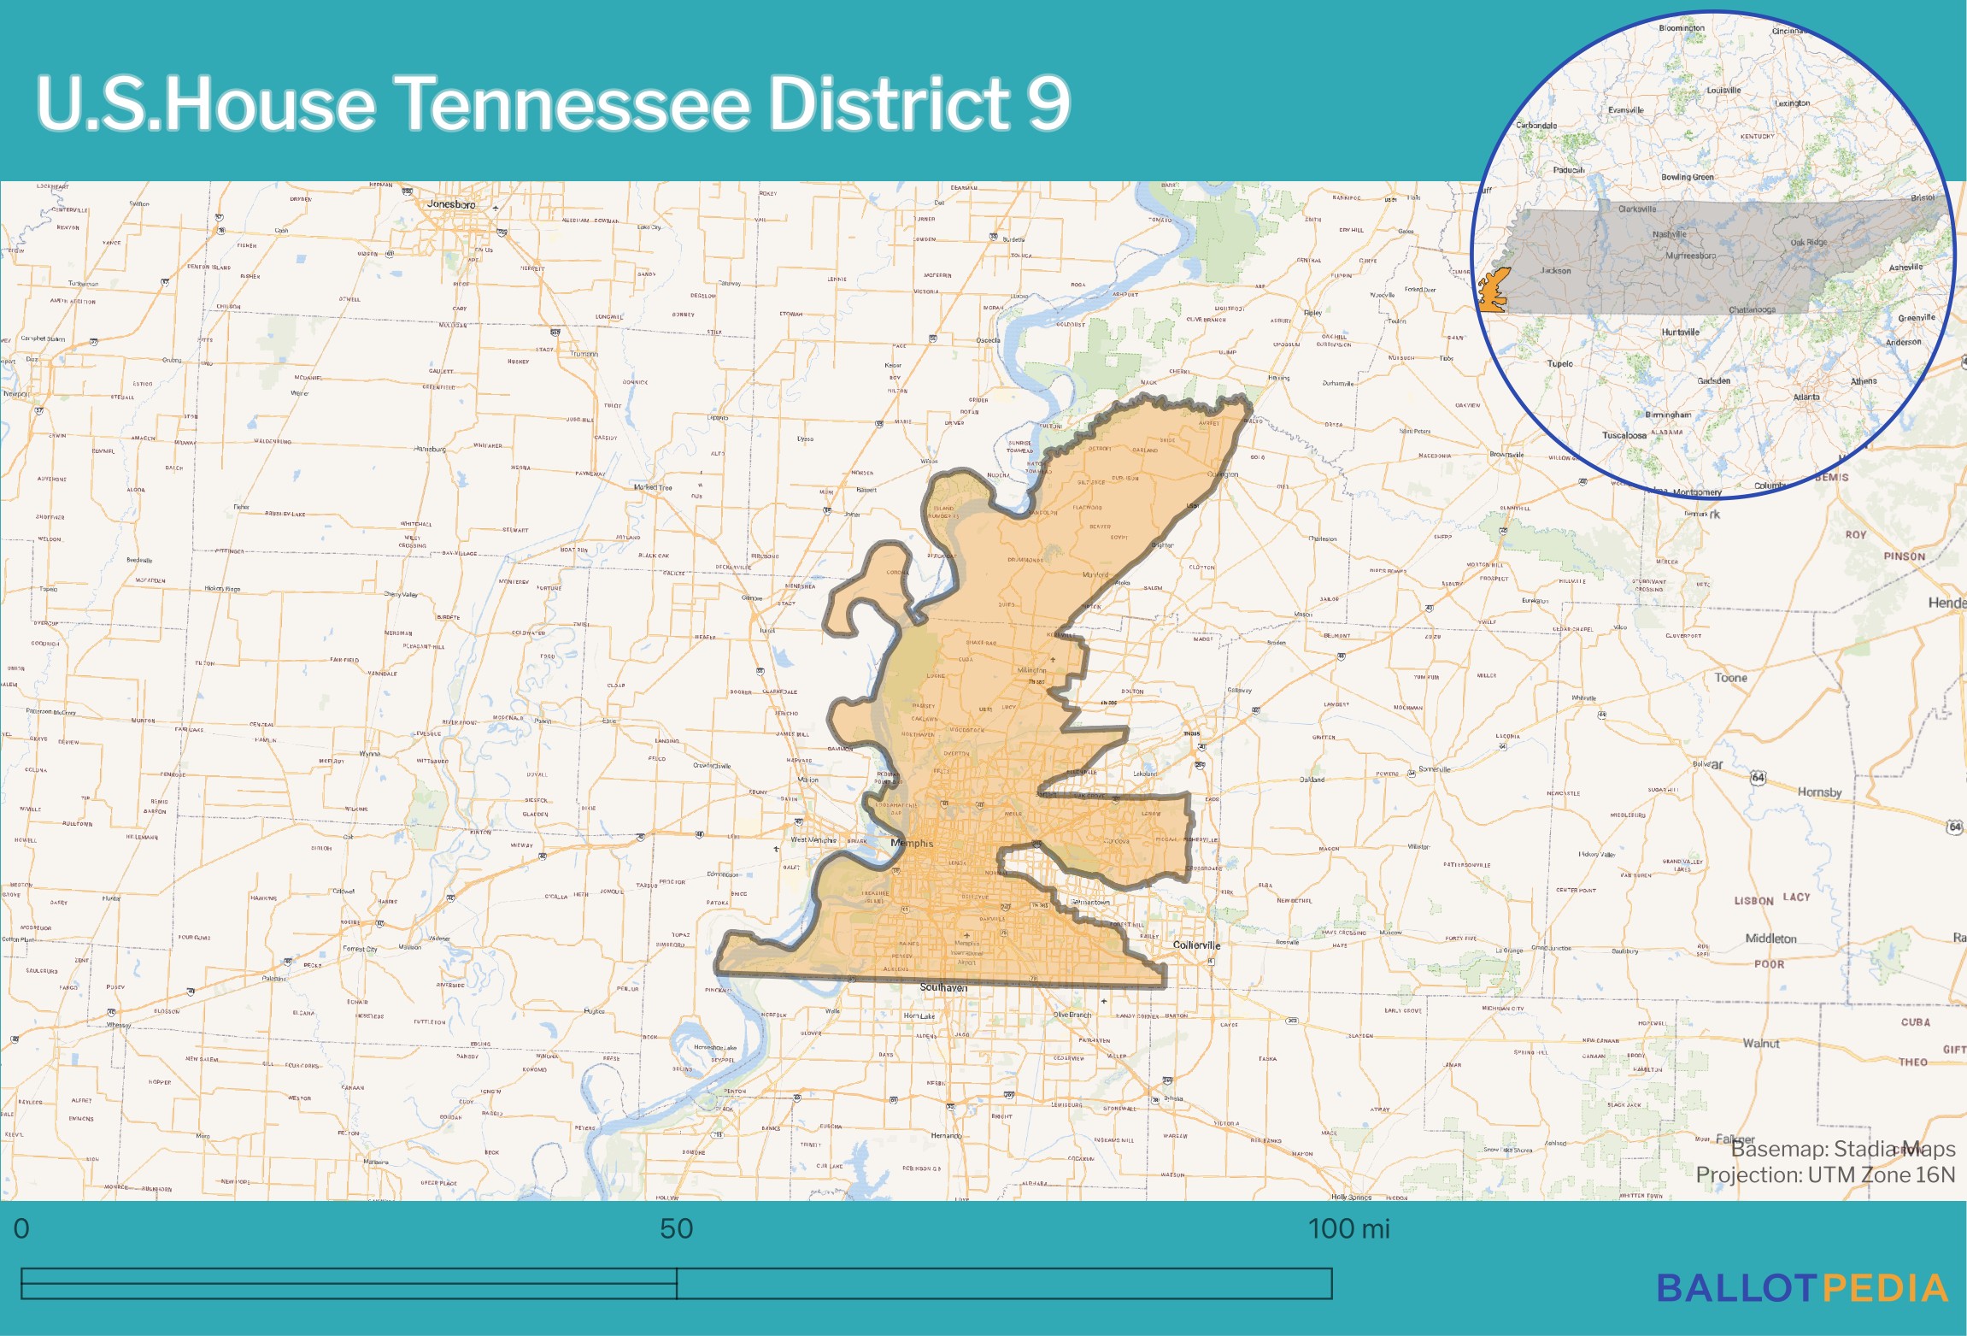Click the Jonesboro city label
tap(450, 204)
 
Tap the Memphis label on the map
tap(912, 843)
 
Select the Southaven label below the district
tap(943, 987)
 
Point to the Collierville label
tap(1196, 945)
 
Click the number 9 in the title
tap(1048, 103)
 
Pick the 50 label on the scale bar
tap(676, 1228)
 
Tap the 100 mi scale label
tap(1348, 1228)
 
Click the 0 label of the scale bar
tap(21, 1228)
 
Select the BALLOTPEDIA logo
tap(1802, 1288)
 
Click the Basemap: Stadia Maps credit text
tap(1843, 1149)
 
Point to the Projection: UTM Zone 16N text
tap(1825, 1175)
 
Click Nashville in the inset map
tap(1670, 234)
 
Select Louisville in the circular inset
tap(1723, 91)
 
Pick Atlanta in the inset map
tap(1806, 397)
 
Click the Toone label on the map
tap(1730, 678)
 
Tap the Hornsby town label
tap(1819, 792)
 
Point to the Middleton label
tap(1770, 939)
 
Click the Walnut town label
tap(1761, 1044)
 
